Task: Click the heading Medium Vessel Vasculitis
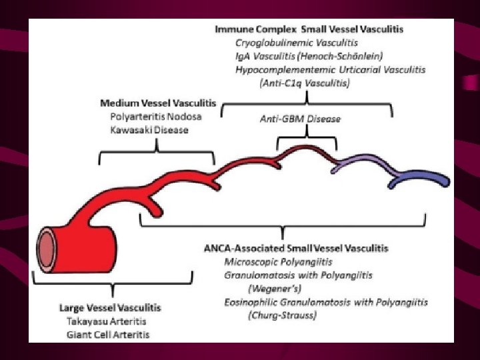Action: pyautogui.click(x=158, y=103)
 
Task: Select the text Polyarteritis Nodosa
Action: pyautogui.click(x=156, y=116)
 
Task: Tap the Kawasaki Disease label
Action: pyautogui.click(x=149, y=129)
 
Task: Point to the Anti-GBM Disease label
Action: pyautogui.click(x=300, y=119)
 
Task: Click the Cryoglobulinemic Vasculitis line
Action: pyautogui.click(x=295, y=43)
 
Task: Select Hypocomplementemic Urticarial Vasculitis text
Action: pyautogui.click(x=331, y=69)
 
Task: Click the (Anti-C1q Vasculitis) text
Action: pyautogui.click(x=303, y=83)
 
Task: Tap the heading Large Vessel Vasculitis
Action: pyautogui.click(x=110, y=307)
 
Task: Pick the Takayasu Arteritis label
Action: pyautogui.click(x=104, y=321)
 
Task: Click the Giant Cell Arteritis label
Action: pyautogui.click(x=108, y=334)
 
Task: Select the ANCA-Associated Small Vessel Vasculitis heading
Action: pyautogui.click(x=295, y=248)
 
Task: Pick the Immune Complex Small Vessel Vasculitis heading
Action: pyautogui.click(x=309, y=29)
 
